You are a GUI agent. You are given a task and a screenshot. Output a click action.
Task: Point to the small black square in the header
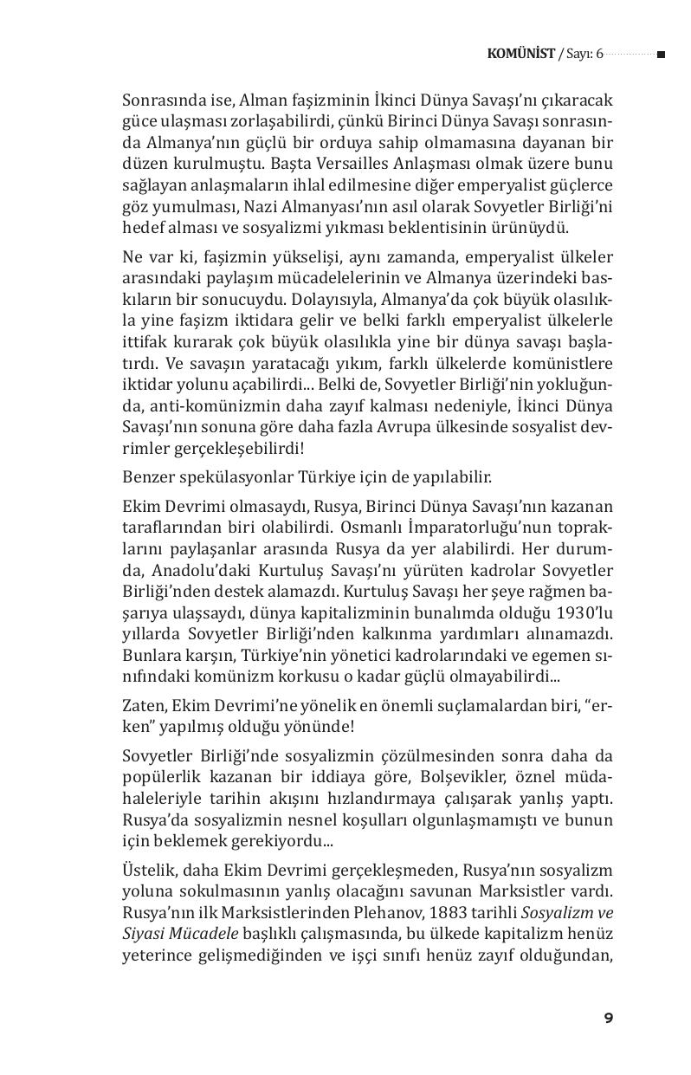661,55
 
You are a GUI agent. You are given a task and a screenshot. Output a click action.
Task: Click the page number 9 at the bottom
609,1018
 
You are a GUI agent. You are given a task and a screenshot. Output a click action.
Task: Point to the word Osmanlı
371,526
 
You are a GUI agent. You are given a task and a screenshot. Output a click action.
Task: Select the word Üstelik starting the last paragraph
149,869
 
